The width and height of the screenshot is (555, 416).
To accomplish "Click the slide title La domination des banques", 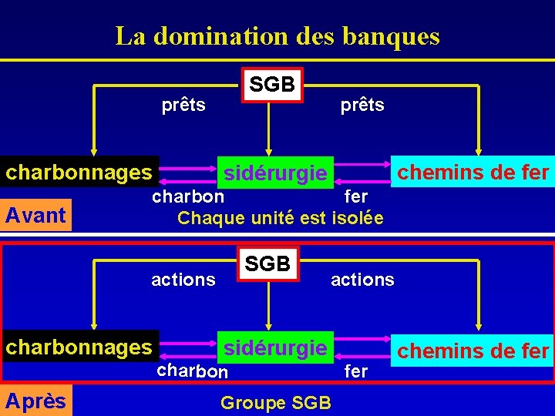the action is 277,36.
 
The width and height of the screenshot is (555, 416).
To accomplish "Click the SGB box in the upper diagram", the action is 272,84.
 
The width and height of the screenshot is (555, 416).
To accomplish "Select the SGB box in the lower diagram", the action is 267,263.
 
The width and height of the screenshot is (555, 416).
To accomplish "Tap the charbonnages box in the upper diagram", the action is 79,172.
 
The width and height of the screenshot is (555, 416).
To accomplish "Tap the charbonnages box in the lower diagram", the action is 79,347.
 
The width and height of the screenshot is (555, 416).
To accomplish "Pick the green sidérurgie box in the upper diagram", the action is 275,173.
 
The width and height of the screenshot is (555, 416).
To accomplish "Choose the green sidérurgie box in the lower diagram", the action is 275,347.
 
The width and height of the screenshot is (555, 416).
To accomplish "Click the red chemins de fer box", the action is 473,171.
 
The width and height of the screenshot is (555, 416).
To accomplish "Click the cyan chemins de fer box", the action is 473,351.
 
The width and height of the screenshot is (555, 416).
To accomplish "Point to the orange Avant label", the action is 35,215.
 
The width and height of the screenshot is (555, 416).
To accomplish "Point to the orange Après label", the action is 35,401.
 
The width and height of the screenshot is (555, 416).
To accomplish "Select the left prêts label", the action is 183,105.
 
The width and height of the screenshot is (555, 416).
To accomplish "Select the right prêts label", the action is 362,105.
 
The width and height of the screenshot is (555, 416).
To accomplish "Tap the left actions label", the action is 183,280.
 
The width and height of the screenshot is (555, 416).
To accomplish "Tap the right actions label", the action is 362,280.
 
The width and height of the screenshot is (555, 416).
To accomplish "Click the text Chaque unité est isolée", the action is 280,218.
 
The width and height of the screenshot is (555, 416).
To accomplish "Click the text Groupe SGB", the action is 276,402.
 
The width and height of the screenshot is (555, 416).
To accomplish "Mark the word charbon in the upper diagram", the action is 188,196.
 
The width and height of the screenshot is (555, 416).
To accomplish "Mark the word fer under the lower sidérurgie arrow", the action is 356,371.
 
